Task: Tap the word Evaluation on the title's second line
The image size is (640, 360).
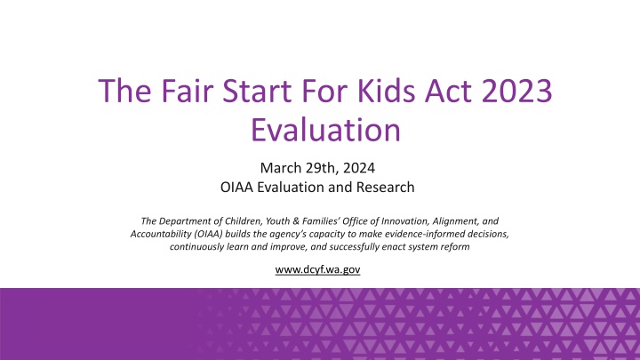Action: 320,131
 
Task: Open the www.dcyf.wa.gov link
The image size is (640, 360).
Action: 320,269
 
